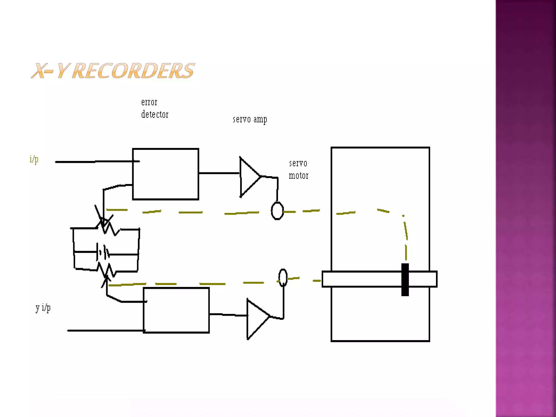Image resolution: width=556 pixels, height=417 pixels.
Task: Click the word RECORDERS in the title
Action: coord(133,71)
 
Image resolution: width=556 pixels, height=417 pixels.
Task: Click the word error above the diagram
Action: coord(149,102)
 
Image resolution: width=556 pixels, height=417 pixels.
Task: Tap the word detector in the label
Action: coord(155,115)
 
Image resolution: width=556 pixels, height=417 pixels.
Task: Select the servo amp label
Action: coord(250,119)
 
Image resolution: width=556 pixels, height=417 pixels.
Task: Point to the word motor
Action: coord(298,176)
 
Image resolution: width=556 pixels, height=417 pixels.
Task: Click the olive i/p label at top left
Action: coord(34,159)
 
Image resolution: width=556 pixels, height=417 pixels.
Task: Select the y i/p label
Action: coord(43,308)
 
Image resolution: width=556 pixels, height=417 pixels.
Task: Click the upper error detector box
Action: coord(166,174)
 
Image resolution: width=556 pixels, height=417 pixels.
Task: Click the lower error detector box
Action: coord(176,310)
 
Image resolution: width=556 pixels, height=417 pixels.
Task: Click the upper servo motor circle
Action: coord(277,211)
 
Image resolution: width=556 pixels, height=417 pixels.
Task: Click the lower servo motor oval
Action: coord(283,277)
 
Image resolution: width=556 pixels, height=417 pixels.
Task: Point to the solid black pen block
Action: coord(405,279)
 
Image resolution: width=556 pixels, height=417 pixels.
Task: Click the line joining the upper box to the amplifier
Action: coord(219,173)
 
